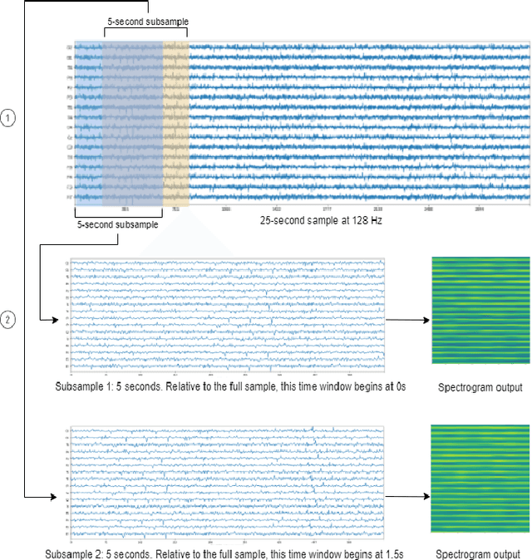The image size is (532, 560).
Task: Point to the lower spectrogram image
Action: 477,479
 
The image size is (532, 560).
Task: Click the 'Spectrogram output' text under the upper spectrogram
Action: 479,387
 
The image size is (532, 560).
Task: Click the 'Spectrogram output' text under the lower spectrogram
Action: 479,553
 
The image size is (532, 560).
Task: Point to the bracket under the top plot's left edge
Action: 118,214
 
